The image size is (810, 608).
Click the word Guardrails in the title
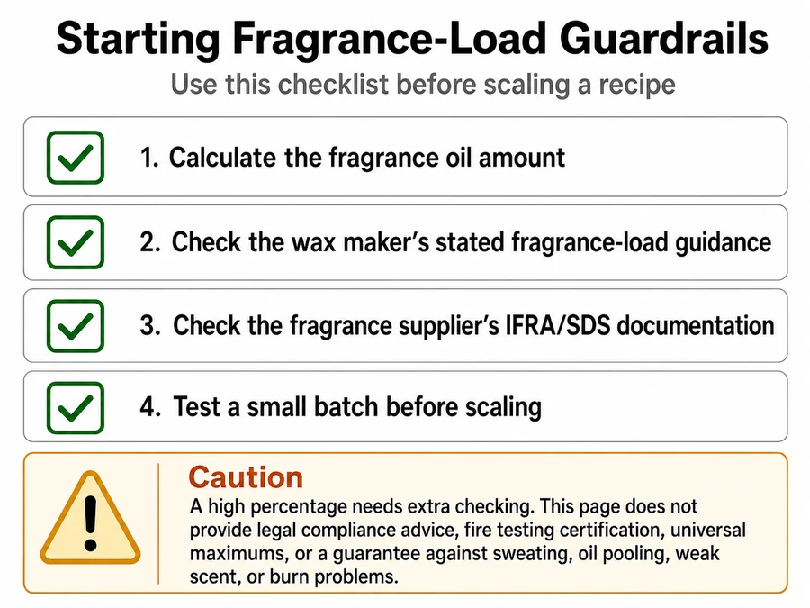[664, 39]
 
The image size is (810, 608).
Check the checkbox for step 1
[76, 158]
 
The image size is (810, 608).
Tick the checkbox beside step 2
[76, 242]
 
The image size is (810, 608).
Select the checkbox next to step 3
[76, 326]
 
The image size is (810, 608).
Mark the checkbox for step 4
[76, 407]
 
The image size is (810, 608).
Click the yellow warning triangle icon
[90, 519]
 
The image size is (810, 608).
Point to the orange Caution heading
[246, 476]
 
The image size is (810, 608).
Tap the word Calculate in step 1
[222, 157]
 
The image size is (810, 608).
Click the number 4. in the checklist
[150, 406]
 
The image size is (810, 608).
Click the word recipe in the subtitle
[637, 85]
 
